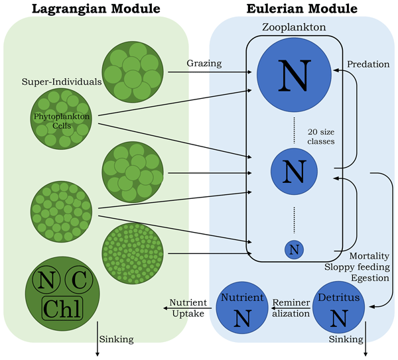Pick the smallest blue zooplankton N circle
[x=295, y=249]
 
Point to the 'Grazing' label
[x=203, y=64]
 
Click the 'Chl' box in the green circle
[x=62, y=308]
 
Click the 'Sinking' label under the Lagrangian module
[x=116, y=339]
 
